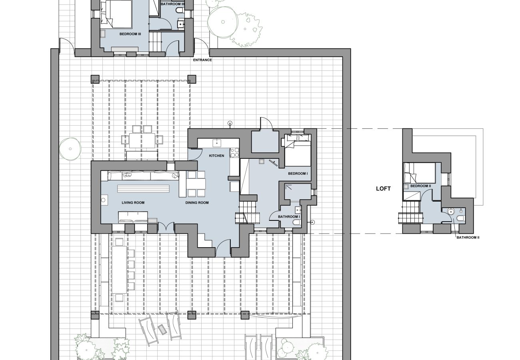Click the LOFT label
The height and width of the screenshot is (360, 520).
pyautogui.click(x=383, y=189)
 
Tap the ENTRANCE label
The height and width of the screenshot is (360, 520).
pyautogui.click(x=202, y=60)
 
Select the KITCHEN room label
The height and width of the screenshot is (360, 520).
pyautogui.click(x=216, y=156)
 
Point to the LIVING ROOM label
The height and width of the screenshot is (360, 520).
pyautogui.click(x=133, y=203)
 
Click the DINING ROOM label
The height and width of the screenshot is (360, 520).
pyautogui.click(x=197, y=203)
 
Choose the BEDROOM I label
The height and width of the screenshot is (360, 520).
pyautogui.click(x=298, y=173)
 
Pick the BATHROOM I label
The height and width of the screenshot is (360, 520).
pyautogui.click(x=289, y=216)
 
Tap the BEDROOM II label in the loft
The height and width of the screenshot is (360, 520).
pyautogui.click(x=421, y=186)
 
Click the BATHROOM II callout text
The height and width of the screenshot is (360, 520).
pyautogui.click(x=468, y=238)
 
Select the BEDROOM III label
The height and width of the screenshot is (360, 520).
pyautogui.click(x=130, y=34)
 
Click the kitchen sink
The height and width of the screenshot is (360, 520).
pyautogui.click(x=217, y=143)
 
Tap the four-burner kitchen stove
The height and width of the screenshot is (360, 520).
pyautogui.click(x=234, y=152)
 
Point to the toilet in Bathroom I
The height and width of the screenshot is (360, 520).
pyautogui.click(x=296, y=223)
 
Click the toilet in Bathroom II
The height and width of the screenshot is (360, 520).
pyautogui.click(x=460, y=218)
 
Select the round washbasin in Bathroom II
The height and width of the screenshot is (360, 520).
pyautogui.click(x=450, y=212)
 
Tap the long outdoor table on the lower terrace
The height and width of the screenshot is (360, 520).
pyautogui.click(x=120, y=270)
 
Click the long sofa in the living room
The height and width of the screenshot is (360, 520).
pyautogui.click(x=143, y=176)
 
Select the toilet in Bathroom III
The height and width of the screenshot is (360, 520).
pyautogui.click(x=180, y=10)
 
